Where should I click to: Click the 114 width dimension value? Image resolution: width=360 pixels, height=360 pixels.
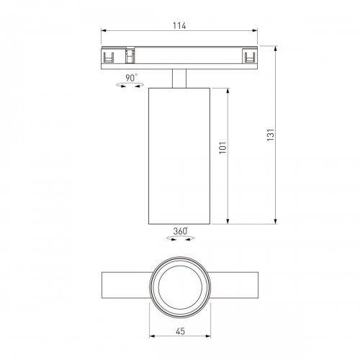179,26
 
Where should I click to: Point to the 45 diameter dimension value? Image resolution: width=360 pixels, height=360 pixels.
179,333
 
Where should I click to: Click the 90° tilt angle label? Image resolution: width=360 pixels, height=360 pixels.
131,77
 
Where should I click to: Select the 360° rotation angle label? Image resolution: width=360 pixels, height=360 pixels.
180,231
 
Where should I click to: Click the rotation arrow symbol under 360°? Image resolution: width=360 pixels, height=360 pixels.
180,240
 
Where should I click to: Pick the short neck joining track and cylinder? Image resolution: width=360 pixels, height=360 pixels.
179,78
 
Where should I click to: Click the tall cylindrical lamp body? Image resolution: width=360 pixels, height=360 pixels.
179,155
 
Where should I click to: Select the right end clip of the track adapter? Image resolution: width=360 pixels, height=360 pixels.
249,57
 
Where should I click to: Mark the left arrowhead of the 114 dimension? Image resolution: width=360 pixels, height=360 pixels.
103,32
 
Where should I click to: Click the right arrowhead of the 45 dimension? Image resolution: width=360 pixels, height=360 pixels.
207,338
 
